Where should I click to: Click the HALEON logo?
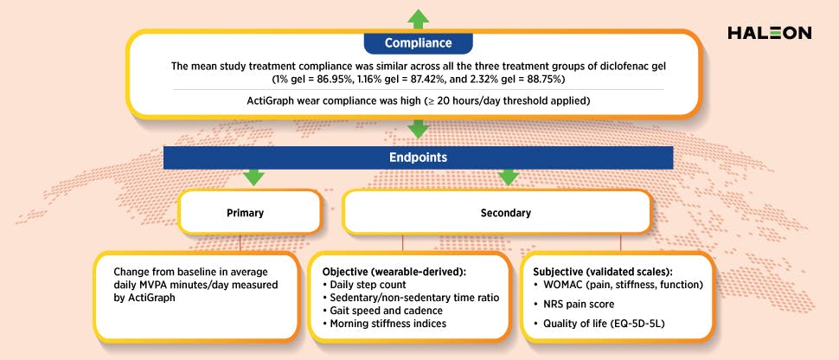coord(769,33)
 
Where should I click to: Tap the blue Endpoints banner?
coord(419,158)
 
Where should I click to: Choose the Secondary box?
coord(496,211)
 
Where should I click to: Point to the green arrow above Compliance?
coord(419,16)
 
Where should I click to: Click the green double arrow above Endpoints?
coord(419,130)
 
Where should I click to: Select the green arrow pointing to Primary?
coord(253,177)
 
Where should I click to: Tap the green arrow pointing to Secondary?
coord(508,177)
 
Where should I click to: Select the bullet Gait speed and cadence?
coord(375,309)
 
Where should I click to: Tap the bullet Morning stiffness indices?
coord(377,322)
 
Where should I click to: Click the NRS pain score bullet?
coord(577,304)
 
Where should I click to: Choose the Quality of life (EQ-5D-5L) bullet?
coord(599,325)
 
